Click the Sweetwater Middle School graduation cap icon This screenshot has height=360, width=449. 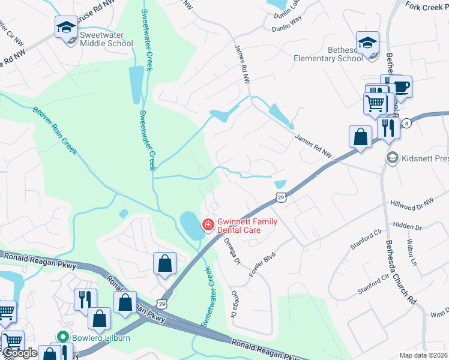tap(66, 26)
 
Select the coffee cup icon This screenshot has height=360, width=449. tap(401, 86)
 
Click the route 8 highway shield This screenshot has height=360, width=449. tap(407, 122)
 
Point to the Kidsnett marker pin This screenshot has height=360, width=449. tap(393, 157)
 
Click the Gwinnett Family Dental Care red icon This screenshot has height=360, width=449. tap(208, 225)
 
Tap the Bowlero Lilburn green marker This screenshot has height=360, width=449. tap(61, 337)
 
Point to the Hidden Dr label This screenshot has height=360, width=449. tap(408, 227)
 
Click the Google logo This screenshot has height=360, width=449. tap(20, 353)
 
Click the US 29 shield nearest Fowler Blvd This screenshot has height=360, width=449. tap(280, 197)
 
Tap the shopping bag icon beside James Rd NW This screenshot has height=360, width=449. tap(361, 137)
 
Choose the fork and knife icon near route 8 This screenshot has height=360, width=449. tap(388, 128)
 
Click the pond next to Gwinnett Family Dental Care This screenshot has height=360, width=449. tap(191, 226)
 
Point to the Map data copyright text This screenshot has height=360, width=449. tap(423, 355)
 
